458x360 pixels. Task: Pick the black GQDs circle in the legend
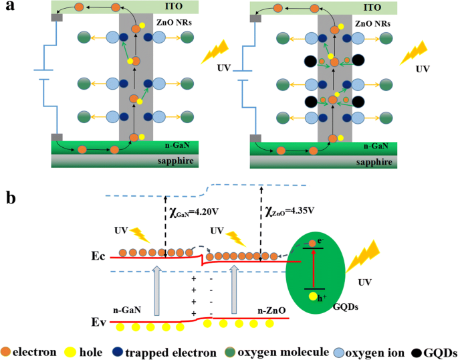[417, 350]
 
